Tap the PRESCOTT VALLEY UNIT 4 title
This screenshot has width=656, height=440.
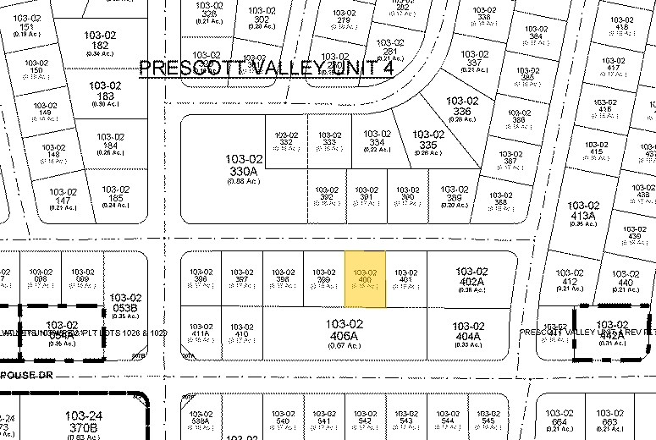tap(266, 69)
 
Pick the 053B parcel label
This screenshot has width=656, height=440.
tap(124, 303)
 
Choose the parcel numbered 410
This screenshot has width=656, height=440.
tap(241, 331)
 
